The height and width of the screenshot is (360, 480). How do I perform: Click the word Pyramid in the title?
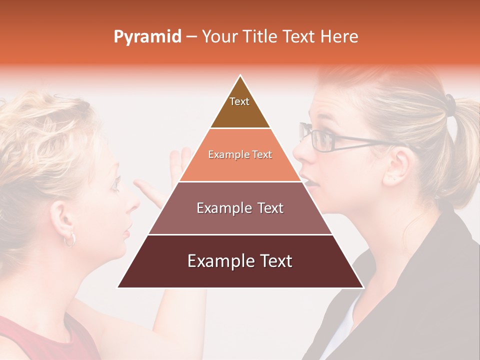coord(147,37)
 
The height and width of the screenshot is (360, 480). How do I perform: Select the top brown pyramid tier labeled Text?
coord(239,107)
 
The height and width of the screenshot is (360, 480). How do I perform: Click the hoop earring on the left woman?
coord(69,239)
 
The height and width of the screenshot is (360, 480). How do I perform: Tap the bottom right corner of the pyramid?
coord(363,287)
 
